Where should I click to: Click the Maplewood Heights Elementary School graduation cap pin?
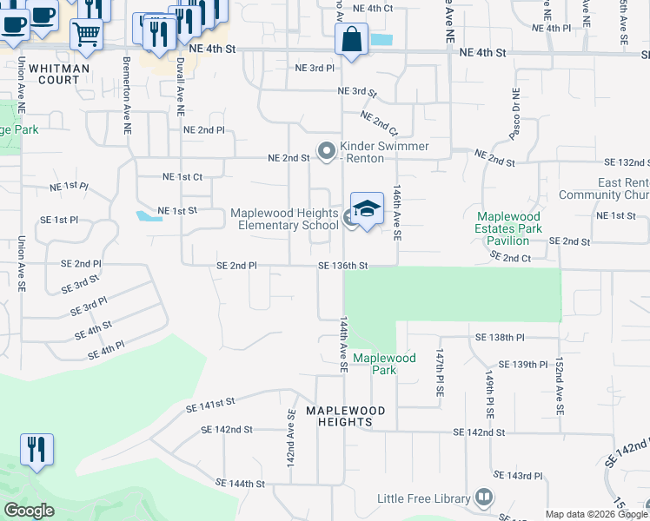pos(367,209)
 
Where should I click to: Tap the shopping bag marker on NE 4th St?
pos(350,40)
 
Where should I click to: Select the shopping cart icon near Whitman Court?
pos(87,35)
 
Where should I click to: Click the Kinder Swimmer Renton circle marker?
pos(327,152)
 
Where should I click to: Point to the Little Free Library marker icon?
pos(484,498)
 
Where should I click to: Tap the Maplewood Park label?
pos(384,364)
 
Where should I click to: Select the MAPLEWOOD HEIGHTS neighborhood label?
pos(339,416)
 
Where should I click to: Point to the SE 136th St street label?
pos(343,266)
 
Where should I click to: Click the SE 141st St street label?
pos(211,404)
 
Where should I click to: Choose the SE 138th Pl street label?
pos(500,337)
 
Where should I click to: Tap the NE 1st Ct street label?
pos(182,176)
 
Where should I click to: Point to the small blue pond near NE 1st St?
pos(148,215)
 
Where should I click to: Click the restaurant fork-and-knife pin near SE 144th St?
pos(36,449)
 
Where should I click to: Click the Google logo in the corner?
pos(29,511)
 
